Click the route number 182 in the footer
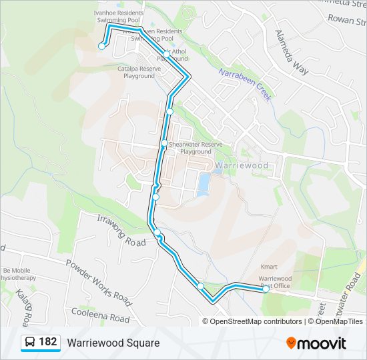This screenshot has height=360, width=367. pos(47,343)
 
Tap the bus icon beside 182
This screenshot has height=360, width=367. pos(30,343)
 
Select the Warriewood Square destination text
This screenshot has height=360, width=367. pos(113,343)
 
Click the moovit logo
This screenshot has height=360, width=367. pos(316,343)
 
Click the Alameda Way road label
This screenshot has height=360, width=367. pos(292,52)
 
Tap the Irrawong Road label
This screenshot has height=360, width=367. pos(121,231)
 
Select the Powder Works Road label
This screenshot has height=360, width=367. pos(98,278)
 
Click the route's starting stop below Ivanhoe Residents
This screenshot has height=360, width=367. pos(101,46)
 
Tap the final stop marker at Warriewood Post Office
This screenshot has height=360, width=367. pos(266,289)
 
